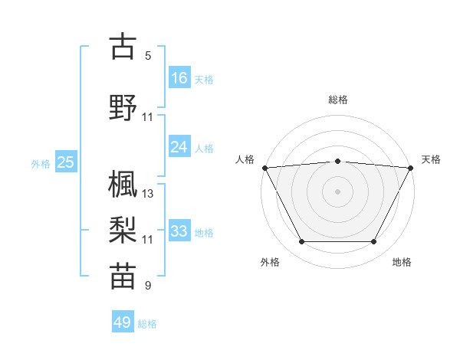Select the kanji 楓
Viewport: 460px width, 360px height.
point(123,183)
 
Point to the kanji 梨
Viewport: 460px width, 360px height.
point(123,229)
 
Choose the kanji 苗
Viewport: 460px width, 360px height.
point(123,276)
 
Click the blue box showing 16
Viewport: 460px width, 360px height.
point(179,77)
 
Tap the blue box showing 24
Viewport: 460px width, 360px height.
point(179,147)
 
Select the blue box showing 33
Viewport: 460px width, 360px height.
point(179,231)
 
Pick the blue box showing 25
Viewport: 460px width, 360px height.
point(65,162)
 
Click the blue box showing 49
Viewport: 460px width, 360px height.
point(123,322)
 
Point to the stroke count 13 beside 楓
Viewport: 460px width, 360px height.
point(148,193)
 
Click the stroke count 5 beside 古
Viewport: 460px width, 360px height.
point(148,56)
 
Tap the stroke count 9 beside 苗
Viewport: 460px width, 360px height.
point(148,286)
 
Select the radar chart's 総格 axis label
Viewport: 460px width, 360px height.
point(337,100)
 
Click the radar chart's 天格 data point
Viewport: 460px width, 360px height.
point(411,167)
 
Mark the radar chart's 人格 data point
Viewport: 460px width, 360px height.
point(264,167)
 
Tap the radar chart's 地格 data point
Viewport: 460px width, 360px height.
point(373,242)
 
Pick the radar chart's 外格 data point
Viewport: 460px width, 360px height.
point(301,242)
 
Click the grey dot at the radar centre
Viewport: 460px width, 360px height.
point(337,191)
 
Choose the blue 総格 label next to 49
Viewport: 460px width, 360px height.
point(147,324)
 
